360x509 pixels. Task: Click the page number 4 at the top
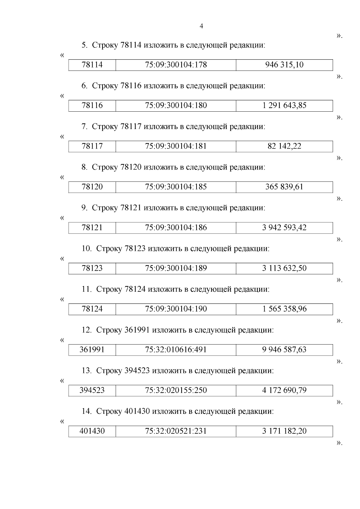[x=201, y=26]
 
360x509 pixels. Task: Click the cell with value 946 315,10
[x=284, y=65]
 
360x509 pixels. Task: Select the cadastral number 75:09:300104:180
[x=176, y=106]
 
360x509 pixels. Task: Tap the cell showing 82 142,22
[x=284, y=146]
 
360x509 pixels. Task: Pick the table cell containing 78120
[x=92, y=187]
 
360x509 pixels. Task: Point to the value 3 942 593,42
[x=284, y=227]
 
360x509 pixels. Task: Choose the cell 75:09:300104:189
[x=176, y=268]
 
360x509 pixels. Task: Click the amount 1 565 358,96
[x=284, y=309]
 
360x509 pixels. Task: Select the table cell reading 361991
[x=92, y=350]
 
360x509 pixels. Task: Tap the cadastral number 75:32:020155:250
[x=176, y=390]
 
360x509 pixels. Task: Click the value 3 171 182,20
[x=284, y=431]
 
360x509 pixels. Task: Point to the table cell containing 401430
[x=92, y=431]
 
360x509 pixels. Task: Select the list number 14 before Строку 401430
[x=86, y=411]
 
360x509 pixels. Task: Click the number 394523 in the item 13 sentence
[x=137, y=371]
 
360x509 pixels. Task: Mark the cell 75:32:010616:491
[x=176, y=350]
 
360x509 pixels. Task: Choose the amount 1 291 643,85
[x=284, y=106]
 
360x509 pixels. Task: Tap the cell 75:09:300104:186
[x=176, y=227]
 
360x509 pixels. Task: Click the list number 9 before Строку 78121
[x=84, y=208]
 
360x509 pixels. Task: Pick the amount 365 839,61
[x=284, y=187]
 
